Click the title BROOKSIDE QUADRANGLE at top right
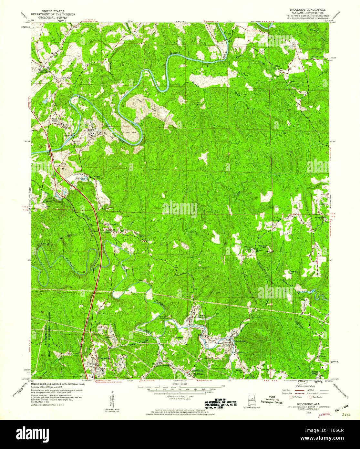[309, 10]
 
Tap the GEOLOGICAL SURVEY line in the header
[53, 17]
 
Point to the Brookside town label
[240, 341]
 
